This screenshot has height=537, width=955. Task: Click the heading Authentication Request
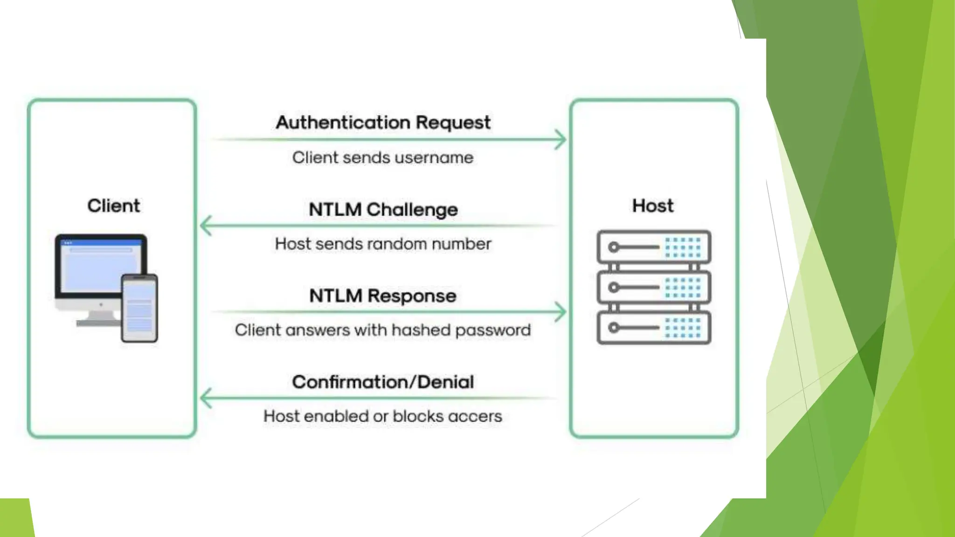click(x=383, y=123)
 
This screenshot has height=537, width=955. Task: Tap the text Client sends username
click(x=383, y=158)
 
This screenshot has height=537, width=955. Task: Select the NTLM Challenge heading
click(x=383, y=209)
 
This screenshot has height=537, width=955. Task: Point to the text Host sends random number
click(x=383, y=244)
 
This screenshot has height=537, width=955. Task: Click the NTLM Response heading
click(x=383, y=296)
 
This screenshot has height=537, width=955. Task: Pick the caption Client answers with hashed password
click(x=383, y=330)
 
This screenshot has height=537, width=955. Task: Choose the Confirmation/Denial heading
click(x=383, y=382)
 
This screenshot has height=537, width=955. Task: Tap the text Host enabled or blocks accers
click(x=383, y=416)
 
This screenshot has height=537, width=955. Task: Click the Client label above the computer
click(x=113, y=206)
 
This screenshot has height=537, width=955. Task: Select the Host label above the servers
click(x=653, y=206)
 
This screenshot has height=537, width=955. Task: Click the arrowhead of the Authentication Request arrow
click(x=561, y=139)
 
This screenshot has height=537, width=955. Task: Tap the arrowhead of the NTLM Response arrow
click(x=561, y=312)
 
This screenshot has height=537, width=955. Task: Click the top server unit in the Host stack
click(x=654, y=247)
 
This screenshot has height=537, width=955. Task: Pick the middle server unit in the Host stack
click(x=654, y=287)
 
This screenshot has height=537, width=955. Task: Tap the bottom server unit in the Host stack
click(x=654, y=328)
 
